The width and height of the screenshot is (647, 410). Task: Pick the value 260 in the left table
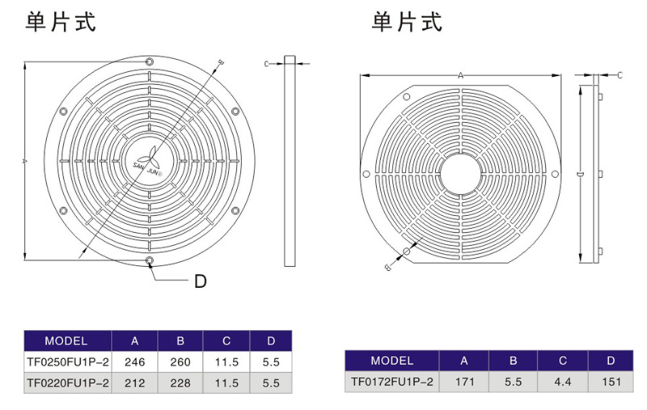[x=180, y=362]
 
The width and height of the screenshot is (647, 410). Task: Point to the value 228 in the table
[x=180, y=384]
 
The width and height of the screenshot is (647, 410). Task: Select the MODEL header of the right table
[x=391, y=361]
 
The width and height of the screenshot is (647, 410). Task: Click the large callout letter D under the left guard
[x=201, y=281]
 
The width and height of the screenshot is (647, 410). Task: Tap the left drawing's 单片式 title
[x=61, y=23]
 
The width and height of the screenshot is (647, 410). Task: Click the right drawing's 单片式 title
[x=407, y=23]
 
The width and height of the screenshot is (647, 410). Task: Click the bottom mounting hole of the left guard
[x=150, y=260]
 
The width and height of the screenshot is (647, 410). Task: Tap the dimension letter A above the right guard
[x=460, y=74]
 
